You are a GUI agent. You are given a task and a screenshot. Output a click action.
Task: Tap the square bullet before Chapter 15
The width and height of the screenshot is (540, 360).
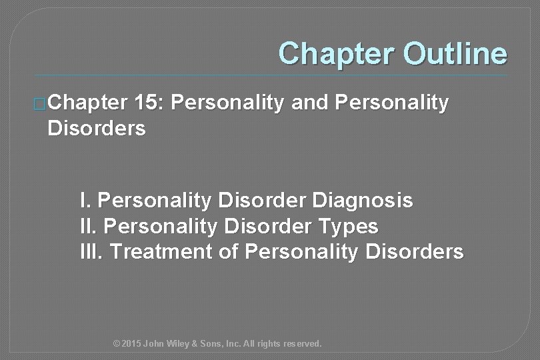click(40, 105)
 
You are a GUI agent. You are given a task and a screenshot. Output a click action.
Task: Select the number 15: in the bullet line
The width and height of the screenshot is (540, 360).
click(152, 104)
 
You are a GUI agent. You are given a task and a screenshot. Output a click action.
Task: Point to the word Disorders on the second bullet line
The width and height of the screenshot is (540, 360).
click(96, 129)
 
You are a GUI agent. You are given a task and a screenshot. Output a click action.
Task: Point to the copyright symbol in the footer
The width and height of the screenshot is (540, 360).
click(117, 344)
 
